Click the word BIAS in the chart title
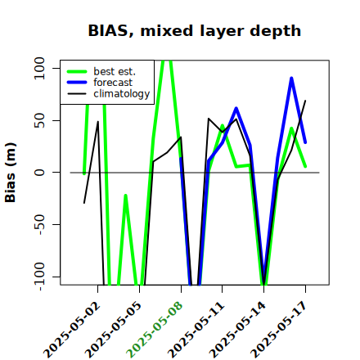pyautogui.click(x=108, y=31)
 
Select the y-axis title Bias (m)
pyautogui.click(x=11, y=173)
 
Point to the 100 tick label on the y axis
pyautogui.click(x=39, y=68)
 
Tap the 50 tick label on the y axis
pyautogui.click(x=39, y=120)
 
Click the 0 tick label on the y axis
pyautogui.click(x=39, y=173)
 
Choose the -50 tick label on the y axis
pyautogui.click(x=40, y=224)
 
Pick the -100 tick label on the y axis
pyautogui.click(x=40, y=277)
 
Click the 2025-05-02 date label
pyautogui.click(x=72, y=330)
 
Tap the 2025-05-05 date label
pyautogui.click(x=114, y=330)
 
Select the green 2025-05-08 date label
pyautogui.click(x=155, y=330)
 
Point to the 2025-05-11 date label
pyautogui.click(x=196, y=330)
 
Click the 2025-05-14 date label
pyautogui.click(x=238, y=330)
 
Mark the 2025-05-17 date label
pyautogui.click(x=279, y=330)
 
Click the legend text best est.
pyautogui.click(x=115, y=71)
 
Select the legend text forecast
pyautogui.click(x=113, y=83)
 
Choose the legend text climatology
pyautogui.click(x=122, y=94)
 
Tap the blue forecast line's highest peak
pyautogui.click(x=291, y=79)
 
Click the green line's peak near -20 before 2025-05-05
pyautogui.click(x=125, y=196)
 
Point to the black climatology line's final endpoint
pyautogui.click(x=305, y=101)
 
